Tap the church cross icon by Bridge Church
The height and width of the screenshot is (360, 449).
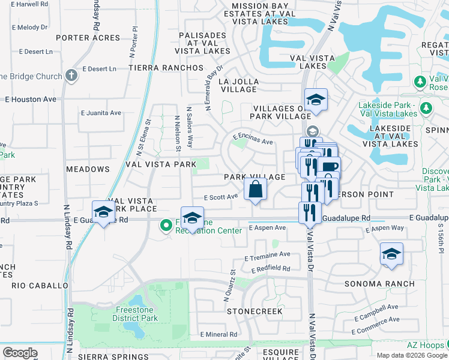point(71,76)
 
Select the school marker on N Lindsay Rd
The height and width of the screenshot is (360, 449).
point(104,212)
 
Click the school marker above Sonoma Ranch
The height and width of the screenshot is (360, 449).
point(391,254)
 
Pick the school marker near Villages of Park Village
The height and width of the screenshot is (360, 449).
point(316,100)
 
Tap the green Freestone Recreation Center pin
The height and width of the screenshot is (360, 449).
point(166,226)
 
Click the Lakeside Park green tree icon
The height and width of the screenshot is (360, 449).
point(427,108)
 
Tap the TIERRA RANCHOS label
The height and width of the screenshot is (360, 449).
point(160,68)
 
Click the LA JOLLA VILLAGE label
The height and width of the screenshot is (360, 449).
point(239,85)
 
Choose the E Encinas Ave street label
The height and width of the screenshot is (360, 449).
point(253,140)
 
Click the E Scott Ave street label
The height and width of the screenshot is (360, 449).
point(221,197)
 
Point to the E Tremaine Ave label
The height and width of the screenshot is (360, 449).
point(267,255)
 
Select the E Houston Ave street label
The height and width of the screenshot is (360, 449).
point(31,99)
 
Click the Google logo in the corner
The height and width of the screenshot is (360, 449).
point(20,353)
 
